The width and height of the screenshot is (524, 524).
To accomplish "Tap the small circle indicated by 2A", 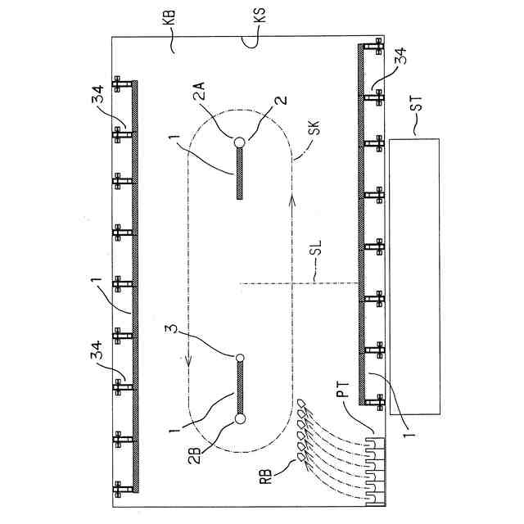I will coord(239,142).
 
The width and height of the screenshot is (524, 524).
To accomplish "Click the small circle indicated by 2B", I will coord(239,419).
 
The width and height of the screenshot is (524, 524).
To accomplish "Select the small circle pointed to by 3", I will coord(239,358).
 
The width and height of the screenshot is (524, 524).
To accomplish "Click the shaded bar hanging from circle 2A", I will coord(239,172).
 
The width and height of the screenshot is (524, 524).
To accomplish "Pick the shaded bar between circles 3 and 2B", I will coord(239,388).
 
